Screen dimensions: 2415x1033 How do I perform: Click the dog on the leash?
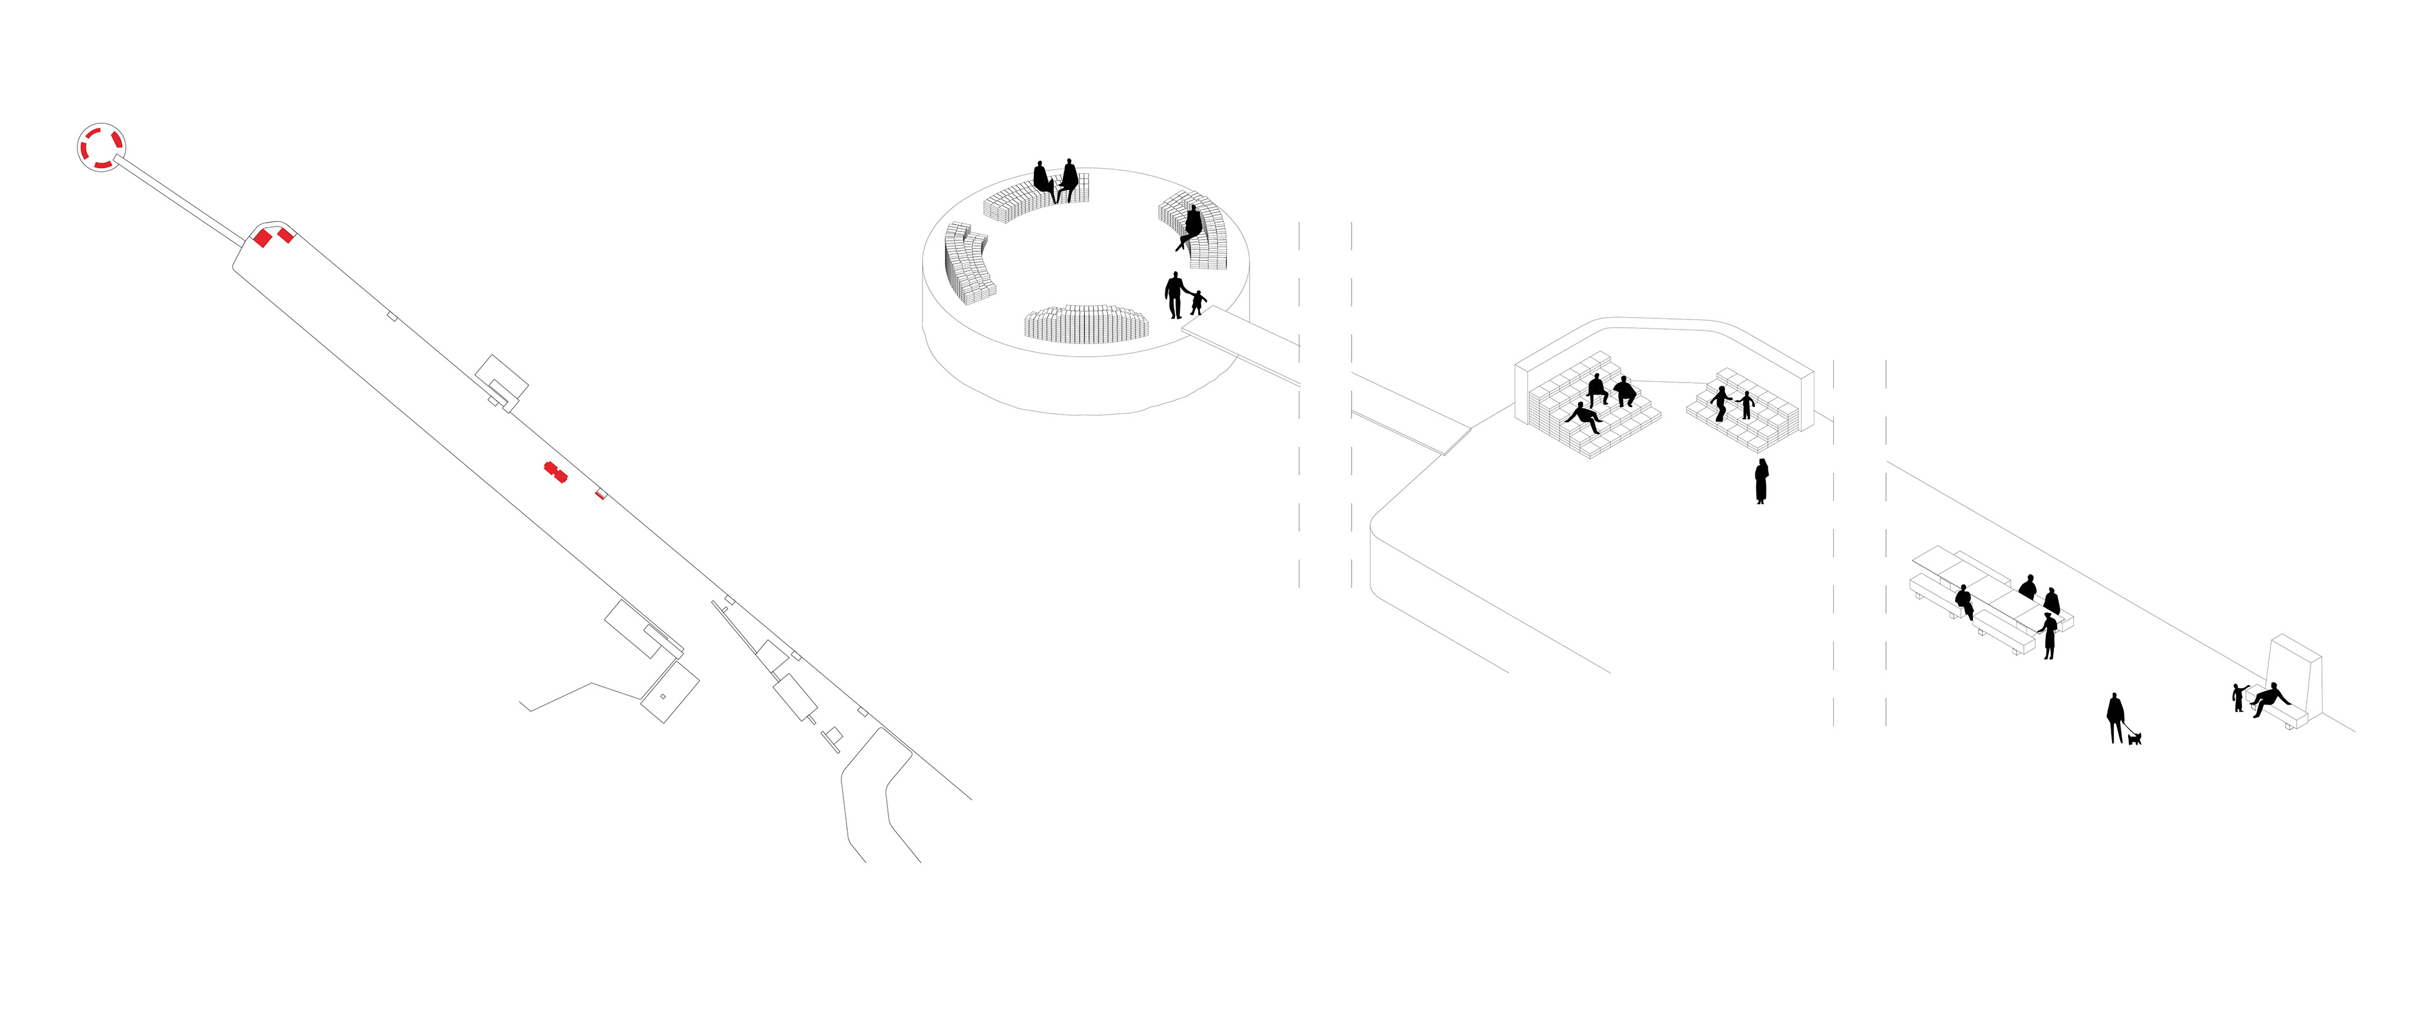click(x=2135, y=739)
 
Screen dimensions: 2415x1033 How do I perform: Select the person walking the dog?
click(x=2115, y=717)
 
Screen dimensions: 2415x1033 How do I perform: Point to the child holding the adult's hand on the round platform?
click(x=1197, y=302)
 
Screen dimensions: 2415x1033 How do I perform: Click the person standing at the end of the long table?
click(x=2050, y=635)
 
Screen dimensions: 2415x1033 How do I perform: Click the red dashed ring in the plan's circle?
click(x=101, y=147)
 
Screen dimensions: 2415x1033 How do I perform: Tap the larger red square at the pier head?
click(x=262, y=238)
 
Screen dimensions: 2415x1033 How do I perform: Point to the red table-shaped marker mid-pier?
click(x=556, y=471)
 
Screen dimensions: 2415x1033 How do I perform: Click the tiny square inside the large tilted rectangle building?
click(x=663, y=696)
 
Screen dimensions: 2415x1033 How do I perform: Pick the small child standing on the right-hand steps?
click(x=1746, y=405)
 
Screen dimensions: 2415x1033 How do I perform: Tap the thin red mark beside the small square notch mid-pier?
click(x=599, y=494)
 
